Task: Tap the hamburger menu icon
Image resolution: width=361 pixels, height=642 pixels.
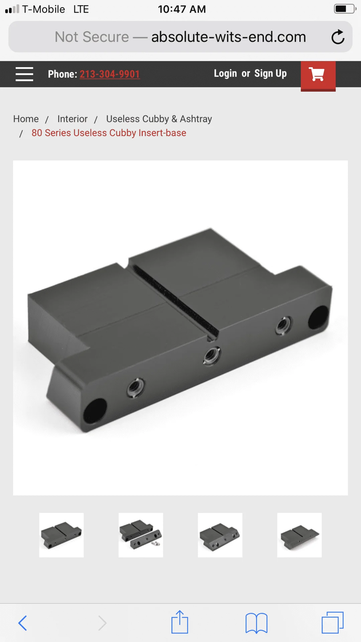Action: (24, 74)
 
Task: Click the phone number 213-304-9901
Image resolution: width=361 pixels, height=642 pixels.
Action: (110, 74)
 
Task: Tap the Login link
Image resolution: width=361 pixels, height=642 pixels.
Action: (225, 74)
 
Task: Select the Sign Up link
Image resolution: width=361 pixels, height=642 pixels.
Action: (270, 74)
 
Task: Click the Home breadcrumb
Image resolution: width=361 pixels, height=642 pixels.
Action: (26, 119)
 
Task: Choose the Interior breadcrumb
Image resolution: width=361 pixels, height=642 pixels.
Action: (73, 119)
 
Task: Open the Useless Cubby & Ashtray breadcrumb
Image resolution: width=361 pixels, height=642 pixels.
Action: (159, 119)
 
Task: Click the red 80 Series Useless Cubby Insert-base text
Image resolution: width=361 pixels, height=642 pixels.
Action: (109, 133)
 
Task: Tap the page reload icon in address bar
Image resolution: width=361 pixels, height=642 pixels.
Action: (338, 37)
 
